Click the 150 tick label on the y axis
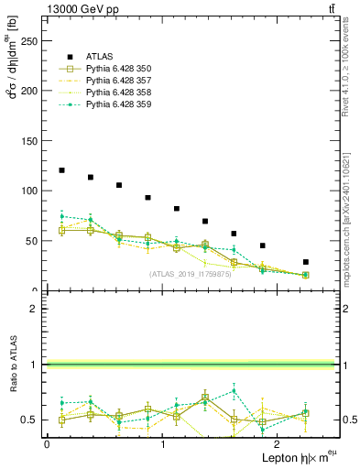33,141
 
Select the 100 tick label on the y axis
33,191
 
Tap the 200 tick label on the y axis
33,91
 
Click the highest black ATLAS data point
61,170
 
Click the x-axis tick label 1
162,444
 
